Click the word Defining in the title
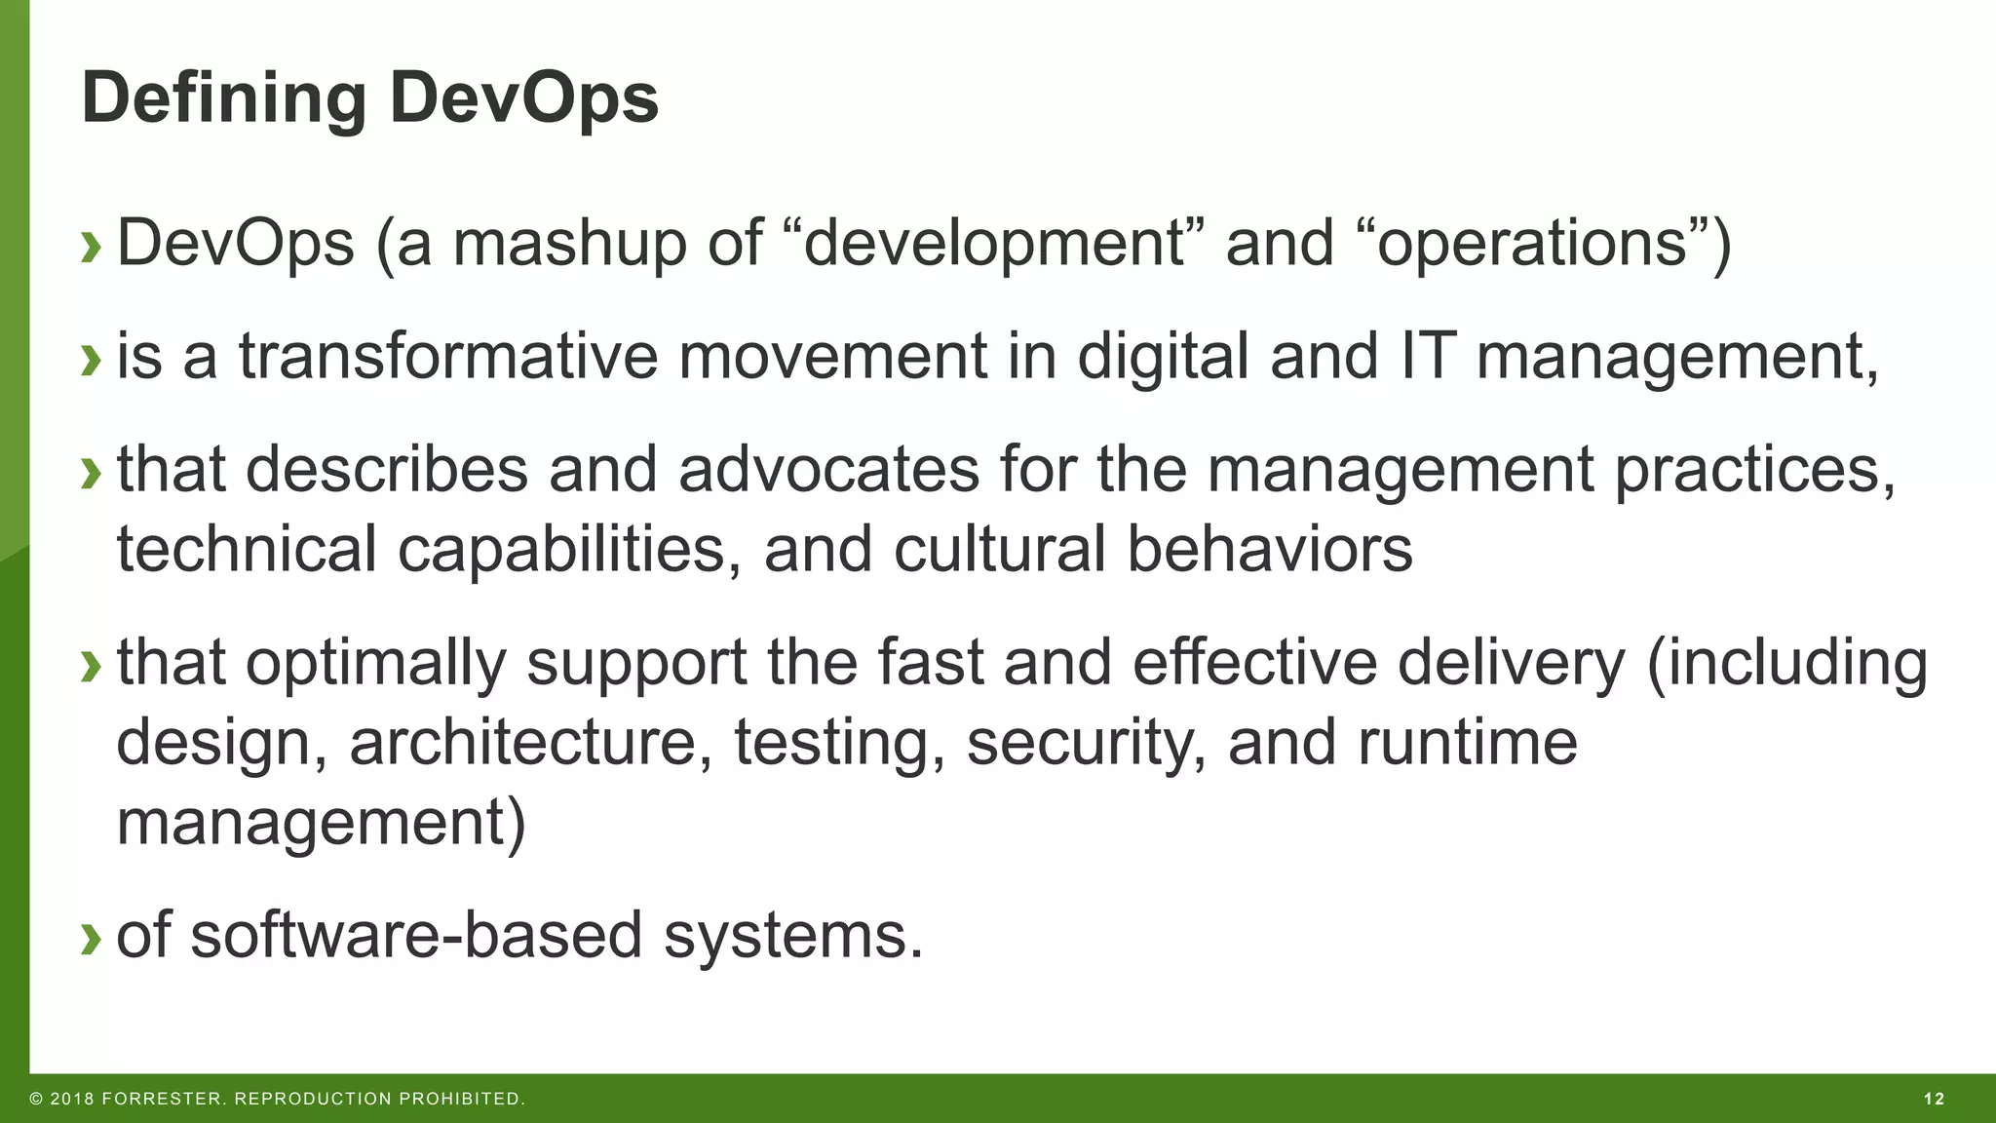224,100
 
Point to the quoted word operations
1531,244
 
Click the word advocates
827,469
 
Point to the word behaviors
1269,549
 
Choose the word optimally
375,664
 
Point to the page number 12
1934,1100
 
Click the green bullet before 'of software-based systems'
91,937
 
